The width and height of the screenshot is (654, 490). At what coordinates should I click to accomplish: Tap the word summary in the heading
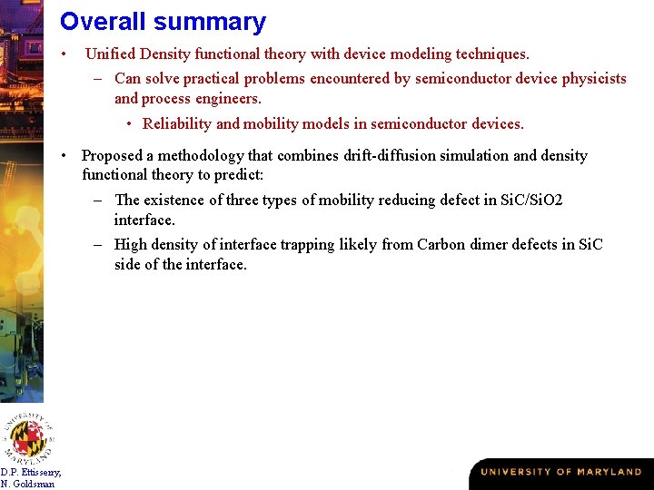pos(210,23)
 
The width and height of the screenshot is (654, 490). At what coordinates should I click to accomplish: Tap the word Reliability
pos(177,123)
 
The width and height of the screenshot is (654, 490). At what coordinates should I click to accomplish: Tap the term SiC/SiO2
pos(532,200)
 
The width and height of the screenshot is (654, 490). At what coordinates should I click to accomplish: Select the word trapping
pos(308,244)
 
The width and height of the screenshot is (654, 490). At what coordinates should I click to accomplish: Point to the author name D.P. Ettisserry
pos(32,472)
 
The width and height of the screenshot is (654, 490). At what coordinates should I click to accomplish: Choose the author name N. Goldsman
pos(28,484)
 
